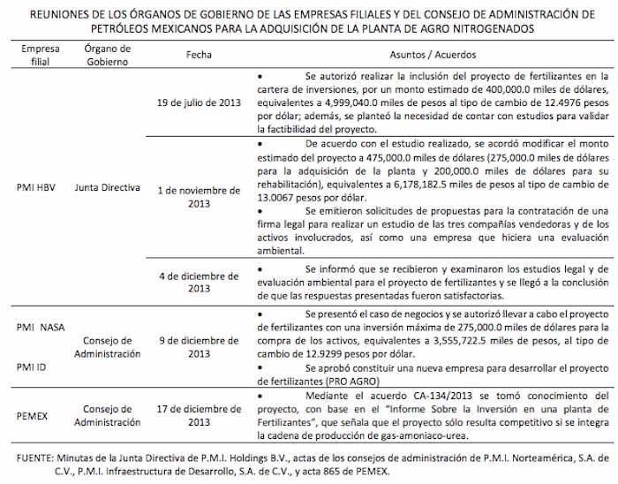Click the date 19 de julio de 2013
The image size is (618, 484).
pos(199,102)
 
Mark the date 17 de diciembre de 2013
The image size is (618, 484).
pos(199,415)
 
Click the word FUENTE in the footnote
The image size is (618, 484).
pos(34,458)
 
